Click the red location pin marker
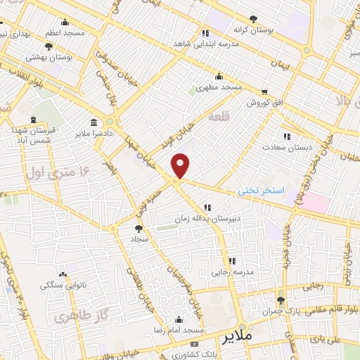(x=181, y=165)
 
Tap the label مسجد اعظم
(x=65, y=33)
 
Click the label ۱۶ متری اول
(x=59, y=171)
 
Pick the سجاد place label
(x=137, y=239)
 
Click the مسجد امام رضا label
(x=180, y=330)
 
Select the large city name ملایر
(x=238, y=337)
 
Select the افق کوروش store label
(x=264, y=103)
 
